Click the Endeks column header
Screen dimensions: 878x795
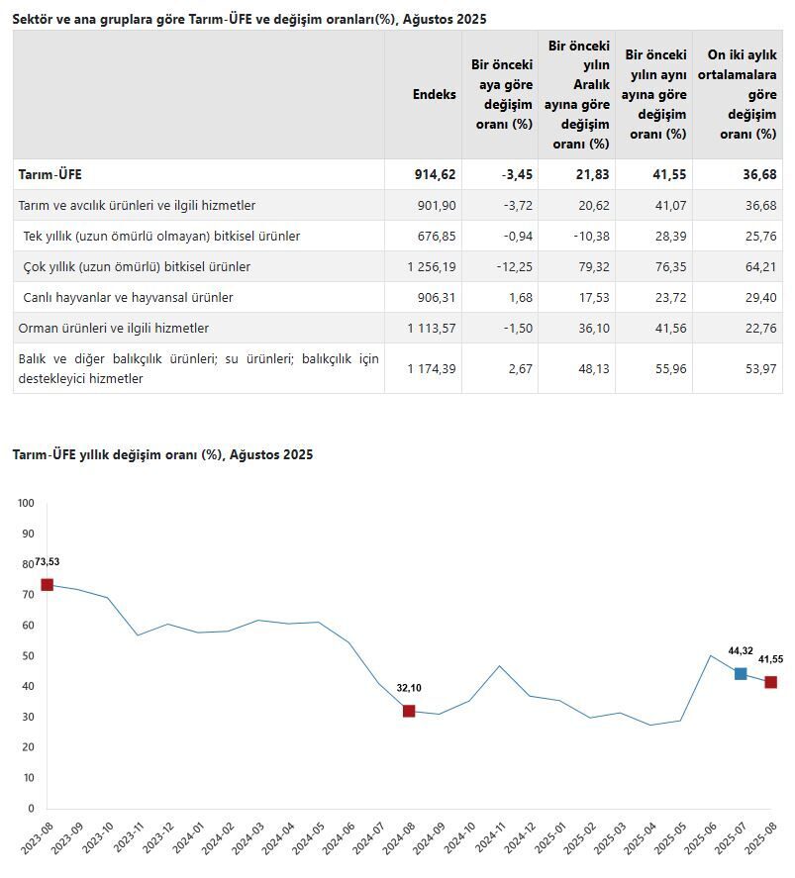pyautogui.click(x=435, y=94)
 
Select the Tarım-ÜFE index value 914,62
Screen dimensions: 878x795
pyautogui.click(x=435, y=174)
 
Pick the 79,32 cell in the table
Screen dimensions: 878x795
pyautogui.click(x=589, y=267)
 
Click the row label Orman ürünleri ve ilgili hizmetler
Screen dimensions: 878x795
pyautogui.click(x=114, y=328)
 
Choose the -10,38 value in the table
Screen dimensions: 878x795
pyautogui.click(x=588, y=237)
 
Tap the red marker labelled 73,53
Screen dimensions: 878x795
pyautogui.click(x=47, y=585)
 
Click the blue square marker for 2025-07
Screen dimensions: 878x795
pyautogui.click(x=741, y=674)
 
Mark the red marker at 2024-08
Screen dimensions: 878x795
pyautogui.click(x=409, y=711)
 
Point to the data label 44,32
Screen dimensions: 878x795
pyautogui.click(x=741, y=651)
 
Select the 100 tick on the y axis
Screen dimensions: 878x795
pyautogui.click(x=27, y=504)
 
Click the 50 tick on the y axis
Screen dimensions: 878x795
pyautogui.click(x=27, y=656)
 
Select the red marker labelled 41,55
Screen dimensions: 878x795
pyautogui.click(x=770, y=682)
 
